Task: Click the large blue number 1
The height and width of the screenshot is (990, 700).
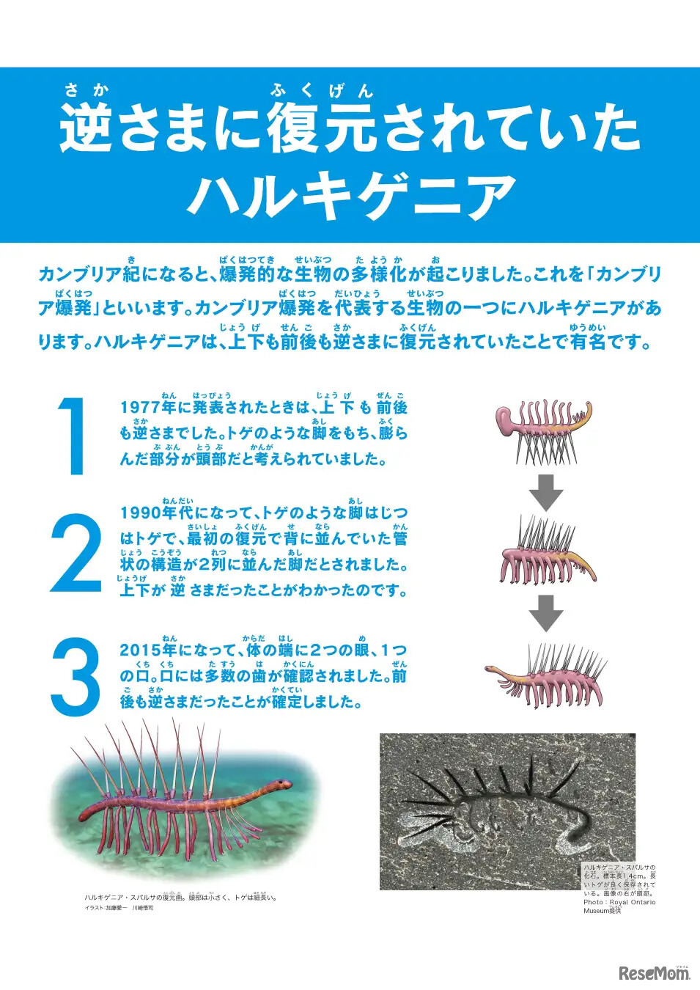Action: [73, 436]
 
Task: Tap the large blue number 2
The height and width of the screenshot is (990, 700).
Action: [75, 554]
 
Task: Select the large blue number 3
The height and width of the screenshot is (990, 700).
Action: [75, 677]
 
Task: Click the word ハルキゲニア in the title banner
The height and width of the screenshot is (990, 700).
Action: [351, 196]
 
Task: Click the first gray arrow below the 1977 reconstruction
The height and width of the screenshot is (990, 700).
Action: [546, 492]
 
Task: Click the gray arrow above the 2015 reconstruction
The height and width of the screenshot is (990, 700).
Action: [546, 613]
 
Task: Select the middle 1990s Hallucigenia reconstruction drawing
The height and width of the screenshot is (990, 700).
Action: [546, 554]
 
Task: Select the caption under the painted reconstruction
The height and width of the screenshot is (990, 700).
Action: [180, 897]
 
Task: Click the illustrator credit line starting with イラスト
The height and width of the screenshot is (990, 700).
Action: [119, 908]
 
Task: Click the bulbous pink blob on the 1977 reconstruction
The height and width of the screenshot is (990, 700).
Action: [507, 419]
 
